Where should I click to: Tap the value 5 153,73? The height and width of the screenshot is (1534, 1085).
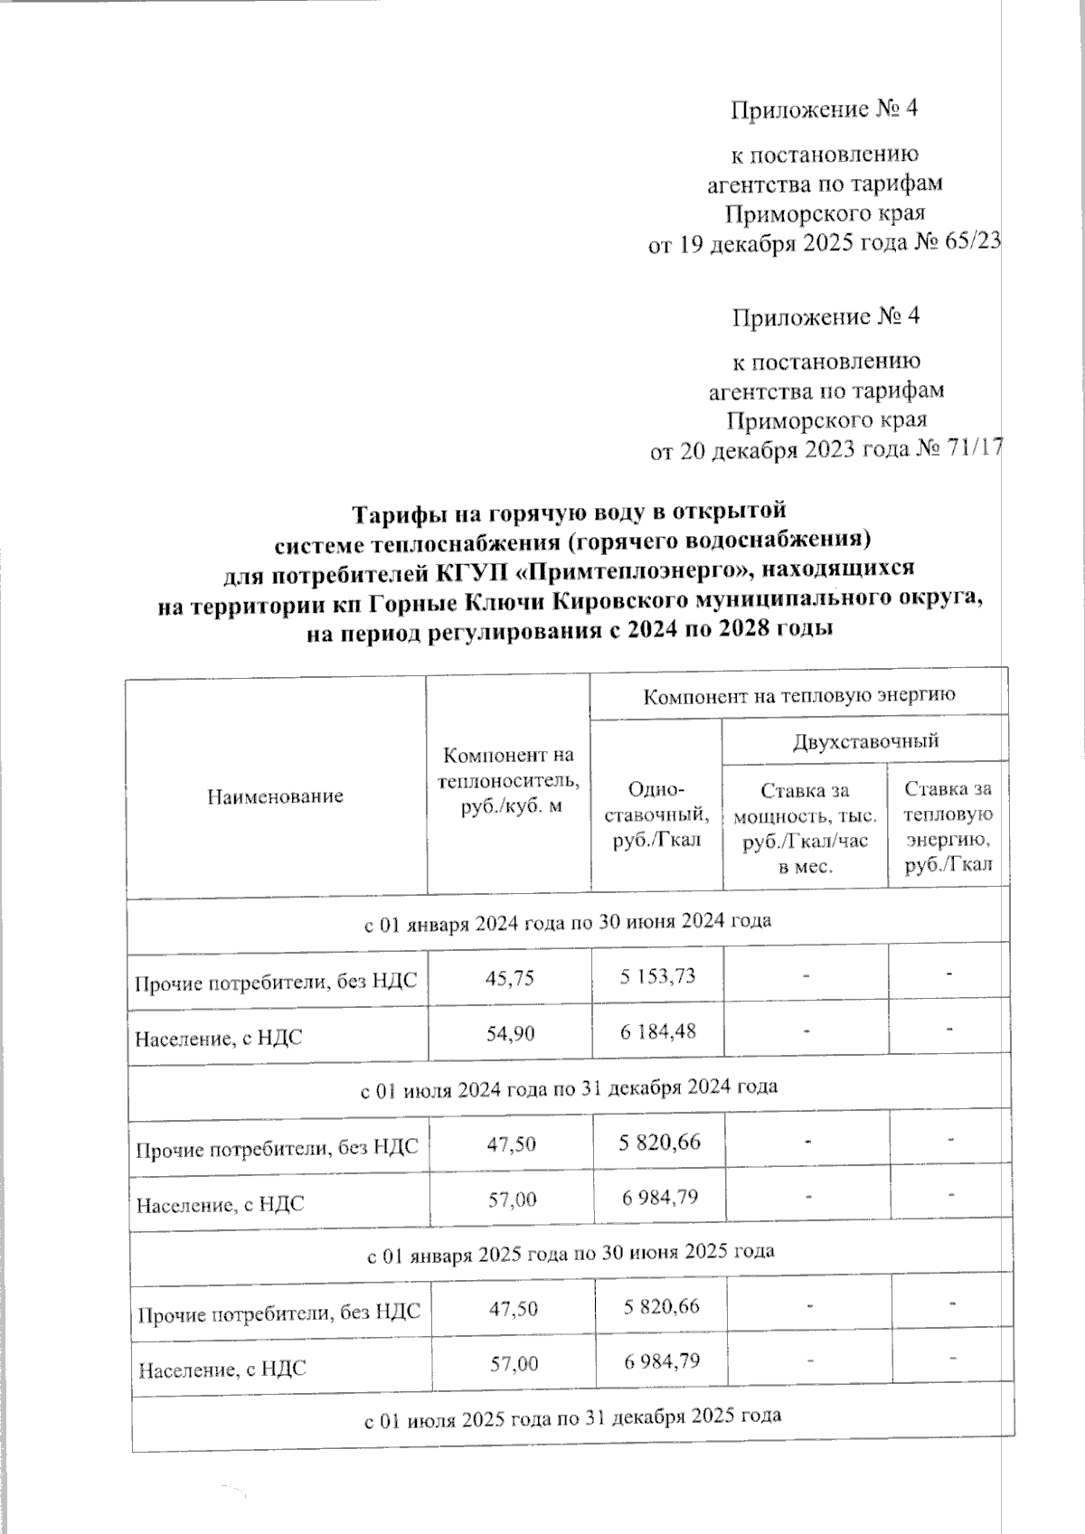click(x=657, y=976)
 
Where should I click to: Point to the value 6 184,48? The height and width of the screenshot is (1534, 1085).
click(x=657, y=1031)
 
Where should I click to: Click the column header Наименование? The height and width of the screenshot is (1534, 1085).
click(x=276, y=796)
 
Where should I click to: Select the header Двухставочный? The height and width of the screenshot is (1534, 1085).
click(x=865, y=741)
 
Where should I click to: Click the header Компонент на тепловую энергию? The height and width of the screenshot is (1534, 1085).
click(x=799, y=696)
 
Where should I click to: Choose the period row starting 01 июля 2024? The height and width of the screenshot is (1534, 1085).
click(x=569, y=1087)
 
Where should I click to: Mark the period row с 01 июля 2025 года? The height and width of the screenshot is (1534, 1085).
click(x=572, y=1416)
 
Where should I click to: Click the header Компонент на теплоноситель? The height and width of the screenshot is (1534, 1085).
click(x=507, y=780)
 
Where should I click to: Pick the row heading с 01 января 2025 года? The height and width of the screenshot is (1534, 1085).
click(x=571, y=1253)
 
